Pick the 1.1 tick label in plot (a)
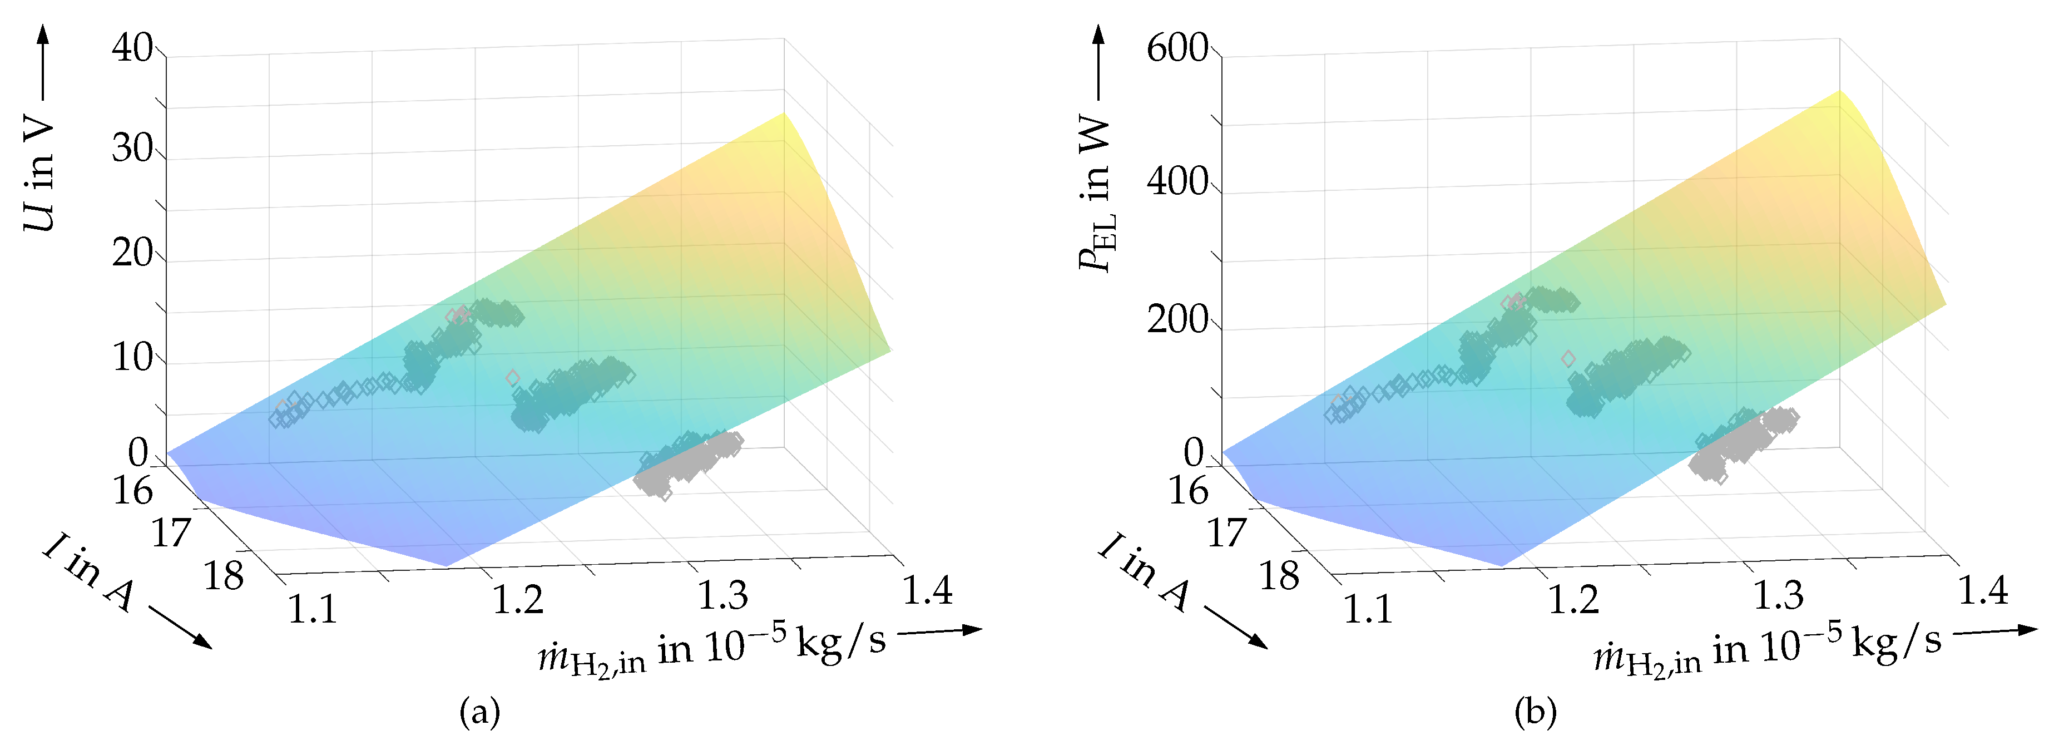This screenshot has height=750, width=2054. point(312,610)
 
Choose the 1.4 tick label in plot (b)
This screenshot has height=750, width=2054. point(1983,590)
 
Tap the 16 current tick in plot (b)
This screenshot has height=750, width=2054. point(1188,490)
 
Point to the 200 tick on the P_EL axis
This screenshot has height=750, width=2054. point(1177,320)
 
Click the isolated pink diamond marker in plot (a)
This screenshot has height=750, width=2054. point(513,377)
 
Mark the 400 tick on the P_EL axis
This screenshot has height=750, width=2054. point(1177,182)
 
